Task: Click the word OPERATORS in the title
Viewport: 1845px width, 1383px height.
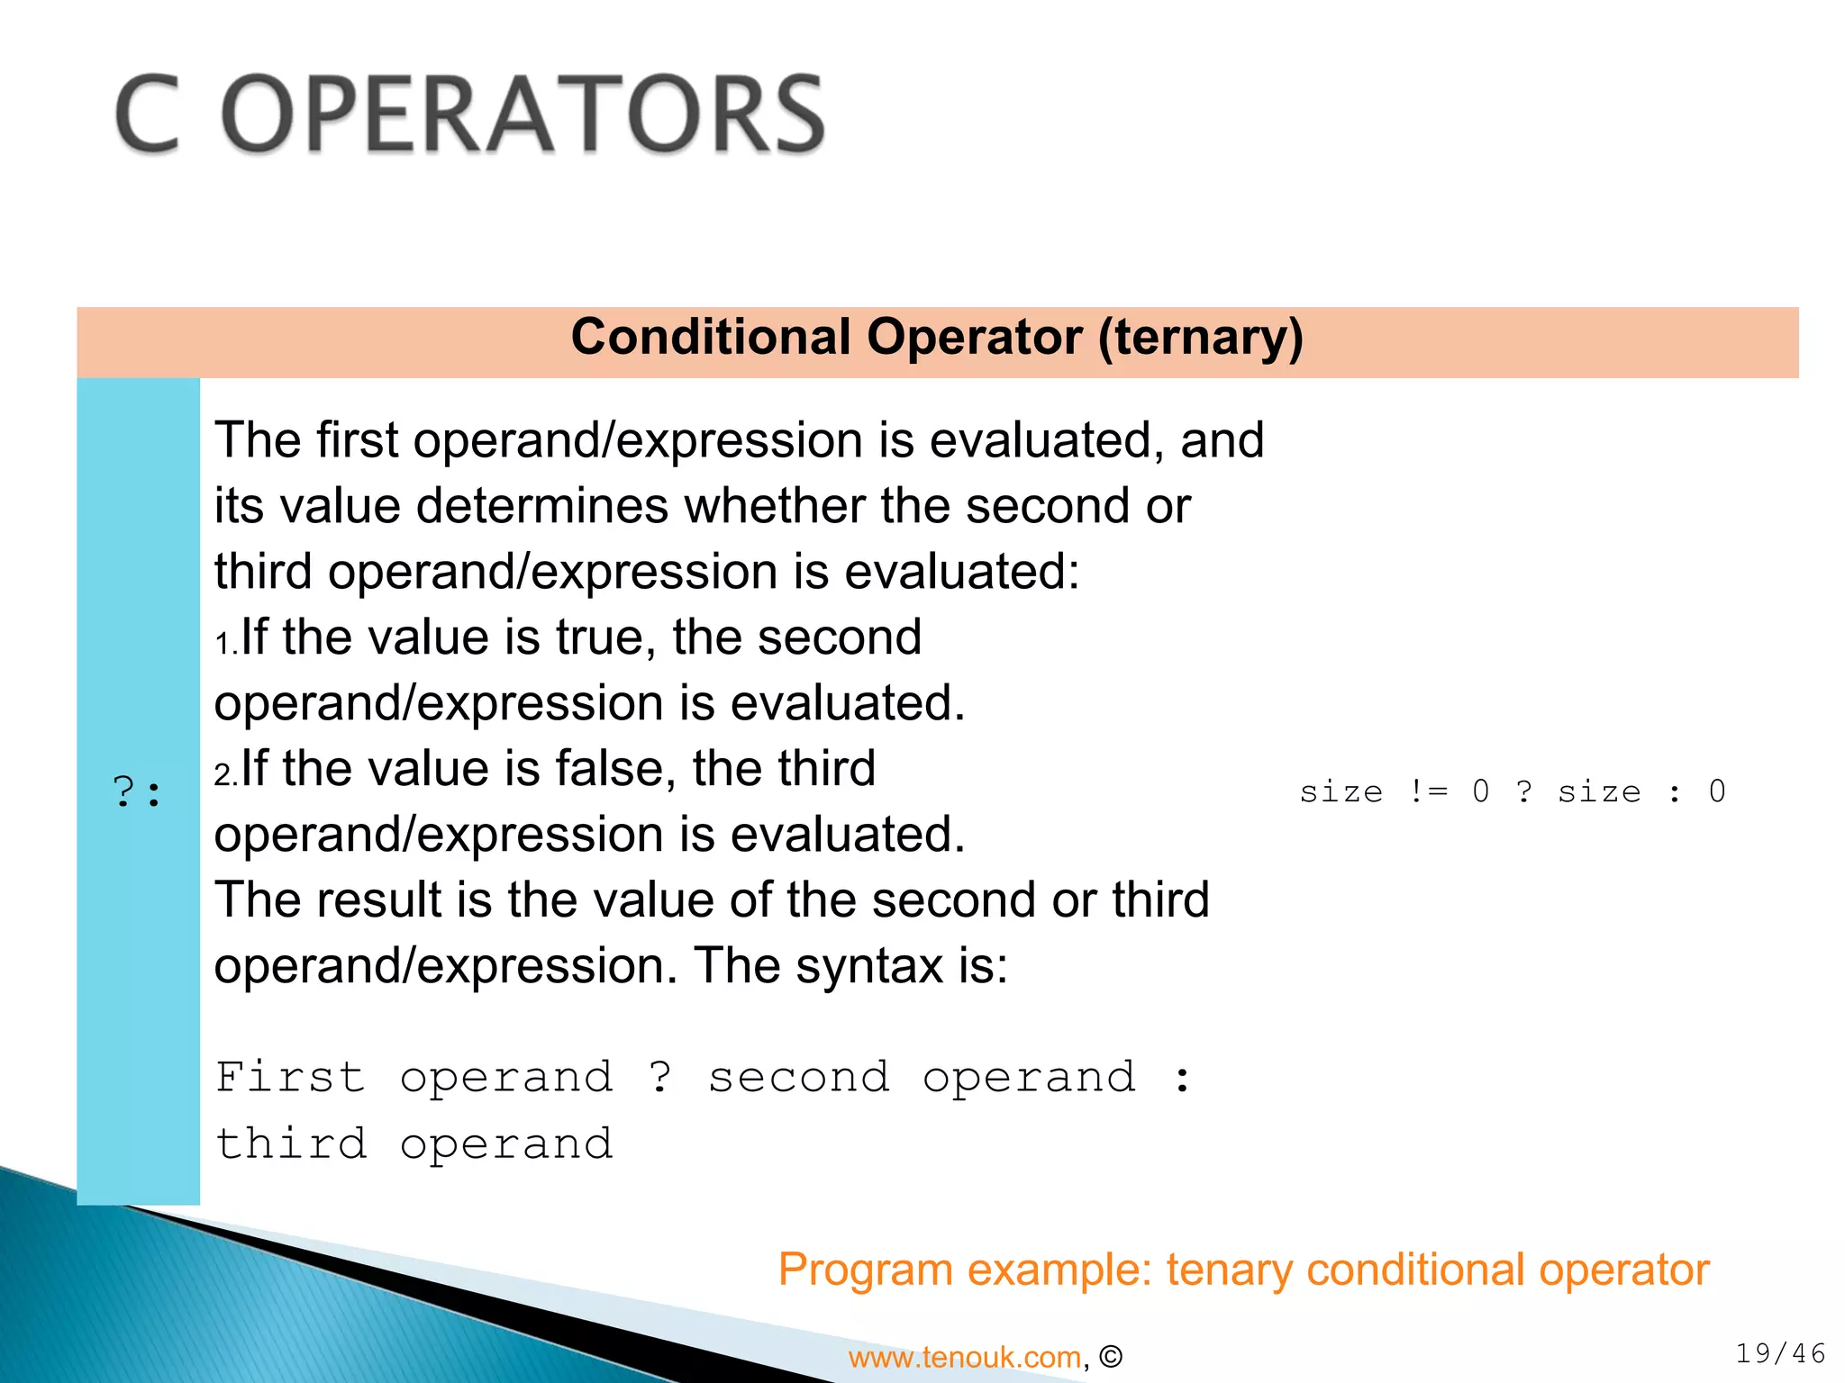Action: click(523, 114)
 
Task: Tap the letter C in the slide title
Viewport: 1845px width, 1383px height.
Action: click(148, 114)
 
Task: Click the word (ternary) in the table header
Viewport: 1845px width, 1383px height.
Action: click(1200, 338)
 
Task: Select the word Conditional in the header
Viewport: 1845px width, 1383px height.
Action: click(711, 338)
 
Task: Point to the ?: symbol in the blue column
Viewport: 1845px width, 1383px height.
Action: click(137, 792)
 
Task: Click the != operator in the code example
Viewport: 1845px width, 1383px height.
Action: click(1428, 791)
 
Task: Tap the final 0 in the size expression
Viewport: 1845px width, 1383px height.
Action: click(1717, 791)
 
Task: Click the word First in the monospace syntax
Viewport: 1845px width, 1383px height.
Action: click(290, 1078)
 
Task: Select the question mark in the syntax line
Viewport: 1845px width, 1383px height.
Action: click(660, 1078)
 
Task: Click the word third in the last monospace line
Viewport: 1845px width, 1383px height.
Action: click(291, 1144)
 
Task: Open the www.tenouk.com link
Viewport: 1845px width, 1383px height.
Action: click(964, 1357)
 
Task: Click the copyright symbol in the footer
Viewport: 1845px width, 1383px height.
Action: click(1112, 1357)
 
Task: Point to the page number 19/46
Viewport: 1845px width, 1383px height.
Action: click(1780, 1353)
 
